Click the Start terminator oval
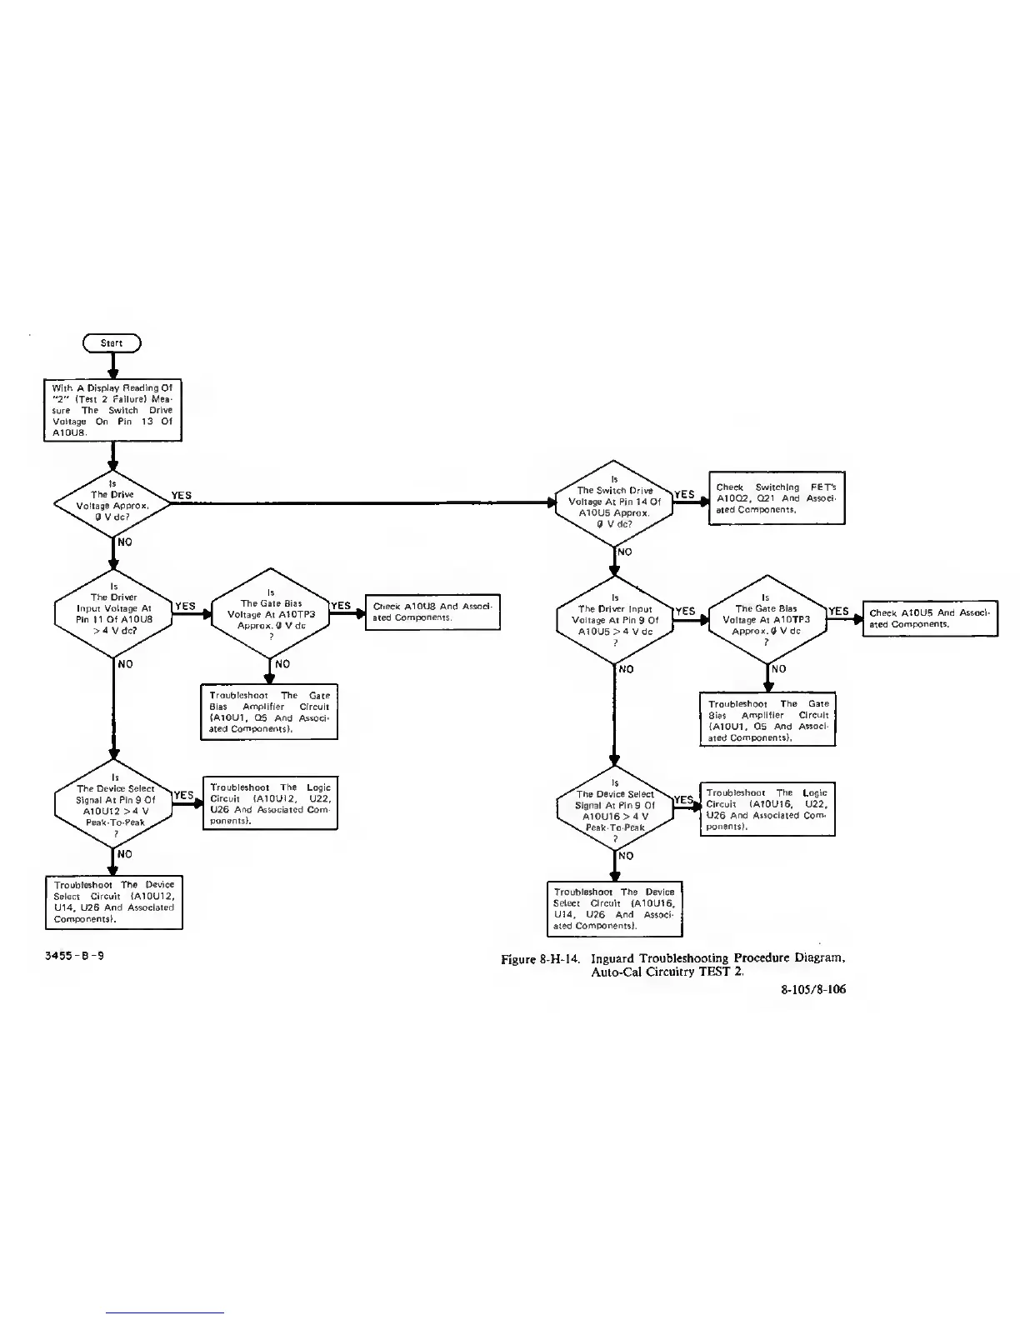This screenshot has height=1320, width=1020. (112, 342)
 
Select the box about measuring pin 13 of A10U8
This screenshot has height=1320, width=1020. (112, 410)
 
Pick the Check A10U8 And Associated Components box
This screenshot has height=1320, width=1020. (432, 612)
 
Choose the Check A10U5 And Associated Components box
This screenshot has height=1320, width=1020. (929, 618)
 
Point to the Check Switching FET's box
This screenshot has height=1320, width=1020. (777, 498)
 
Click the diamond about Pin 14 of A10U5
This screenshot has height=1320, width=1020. (614, 502)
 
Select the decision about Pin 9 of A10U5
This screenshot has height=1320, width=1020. (614, 620)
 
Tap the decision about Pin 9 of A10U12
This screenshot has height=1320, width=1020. (113, 805)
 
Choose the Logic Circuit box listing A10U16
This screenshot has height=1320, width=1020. (767, 809)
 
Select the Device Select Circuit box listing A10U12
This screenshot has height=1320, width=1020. (114, 902)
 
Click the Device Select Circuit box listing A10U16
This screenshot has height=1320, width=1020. (614, 908)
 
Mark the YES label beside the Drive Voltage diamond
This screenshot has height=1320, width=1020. (181, 495)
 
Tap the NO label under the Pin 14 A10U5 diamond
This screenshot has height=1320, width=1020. (624, 552)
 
